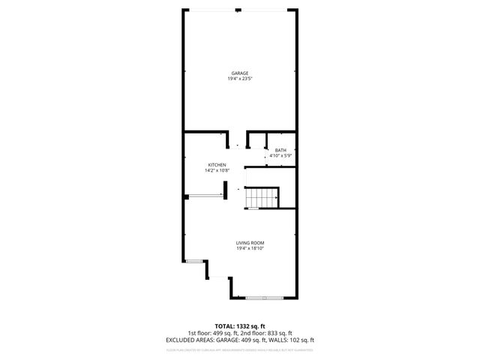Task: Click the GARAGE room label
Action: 239,73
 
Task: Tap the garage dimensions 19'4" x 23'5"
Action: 239,79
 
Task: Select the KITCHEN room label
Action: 217,165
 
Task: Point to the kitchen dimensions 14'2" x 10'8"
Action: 217,170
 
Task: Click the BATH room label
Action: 280,150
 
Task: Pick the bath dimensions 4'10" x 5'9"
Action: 280,155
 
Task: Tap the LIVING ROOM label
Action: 250,243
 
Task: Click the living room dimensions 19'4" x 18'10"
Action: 250,248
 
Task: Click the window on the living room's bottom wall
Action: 265,298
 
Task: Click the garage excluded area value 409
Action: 245,340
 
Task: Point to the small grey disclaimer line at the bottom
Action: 239,349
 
